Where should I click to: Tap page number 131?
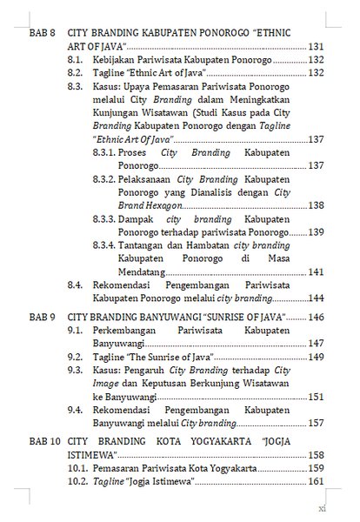coord(316,44)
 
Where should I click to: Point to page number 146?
coord(316,318)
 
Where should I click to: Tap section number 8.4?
coord(77,284)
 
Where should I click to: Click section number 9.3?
coord(77,370)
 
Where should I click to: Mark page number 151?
coord(316,396)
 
